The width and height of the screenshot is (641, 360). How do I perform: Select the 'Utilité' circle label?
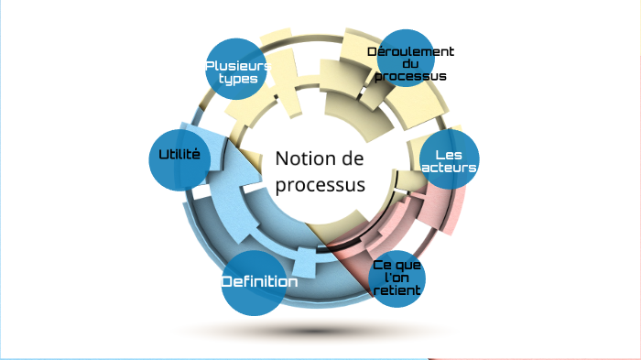179,155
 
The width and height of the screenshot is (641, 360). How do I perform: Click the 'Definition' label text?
260,282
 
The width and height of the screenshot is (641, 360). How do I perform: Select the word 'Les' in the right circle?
448,155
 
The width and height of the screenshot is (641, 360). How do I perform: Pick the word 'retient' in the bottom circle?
397,290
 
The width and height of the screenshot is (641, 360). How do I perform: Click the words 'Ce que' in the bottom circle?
397,265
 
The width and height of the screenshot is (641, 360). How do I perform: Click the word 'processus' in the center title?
320,184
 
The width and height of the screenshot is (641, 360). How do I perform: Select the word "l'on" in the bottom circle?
397,278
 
